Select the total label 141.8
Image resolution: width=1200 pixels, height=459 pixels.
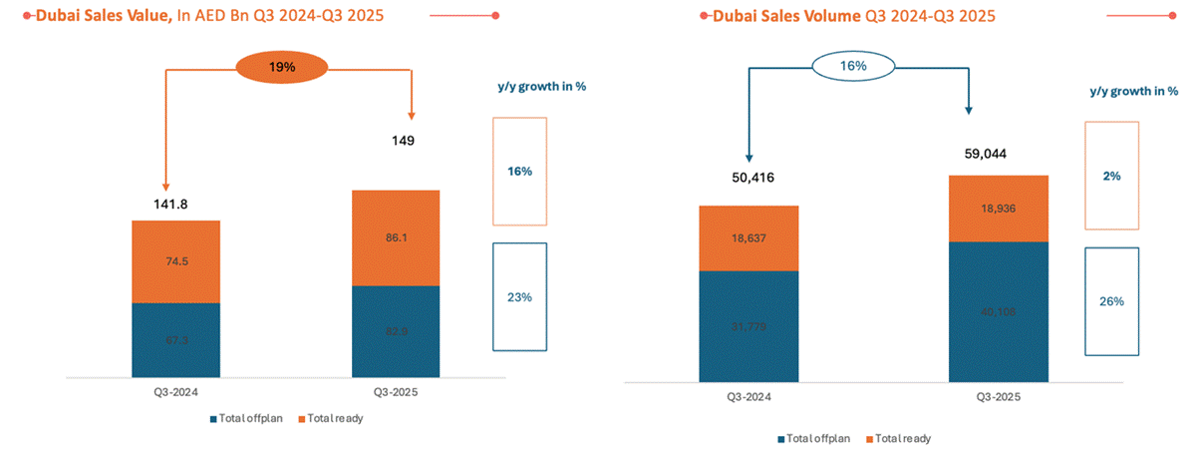click(x=170, y=205)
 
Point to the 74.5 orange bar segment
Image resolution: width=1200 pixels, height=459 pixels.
click(x=175, y=261)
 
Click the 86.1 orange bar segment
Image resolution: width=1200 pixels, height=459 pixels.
click(x=397, y=237)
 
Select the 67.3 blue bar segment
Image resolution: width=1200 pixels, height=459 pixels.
click(x=175, y=340)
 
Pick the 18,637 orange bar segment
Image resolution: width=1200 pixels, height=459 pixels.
click(x=750, y=237)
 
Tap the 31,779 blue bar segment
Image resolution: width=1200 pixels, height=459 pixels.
click(x=750, y=326)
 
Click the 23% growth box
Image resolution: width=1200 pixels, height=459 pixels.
click(x=518, y=296)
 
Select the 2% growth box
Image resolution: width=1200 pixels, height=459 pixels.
click(x=1112, y=176)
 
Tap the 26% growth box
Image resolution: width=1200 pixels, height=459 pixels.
click(x=1112, y=301)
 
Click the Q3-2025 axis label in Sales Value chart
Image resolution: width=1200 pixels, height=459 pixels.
click(x=397, y=393)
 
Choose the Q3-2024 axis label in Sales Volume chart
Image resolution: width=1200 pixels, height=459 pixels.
click(x=749, y=397)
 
